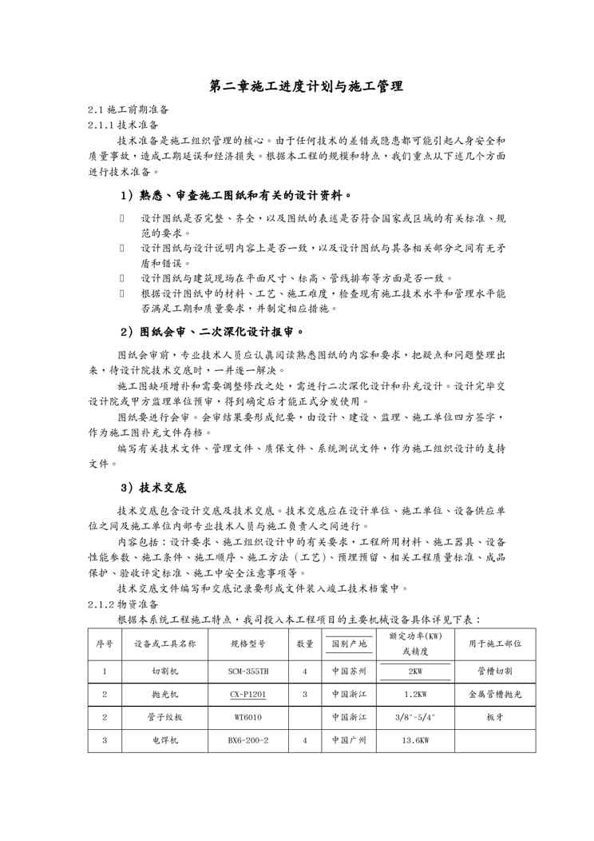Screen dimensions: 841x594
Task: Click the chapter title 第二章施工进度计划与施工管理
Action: pyautogui.click(x=306, y=86)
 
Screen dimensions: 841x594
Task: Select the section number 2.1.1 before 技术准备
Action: pyautogui.click(x=100, y=125)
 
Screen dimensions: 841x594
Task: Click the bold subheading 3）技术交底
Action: pyautogui.click(x=153, y=488)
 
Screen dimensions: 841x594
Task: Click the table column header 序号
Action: pyautogui.click(x=105, y=644)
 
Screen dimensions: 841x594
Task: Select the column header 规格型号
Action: pyautogui.click(x=248, y=644)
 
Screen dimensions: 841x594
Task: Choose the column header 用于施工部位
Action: pyautogui.click(x=495, y=644)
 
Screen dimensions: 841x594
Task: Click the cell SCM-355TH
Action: pyautogui.click(x=248, y=672)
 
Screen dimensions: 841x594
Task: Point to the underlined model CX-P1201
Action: pyautogui.click(x=248, y=695)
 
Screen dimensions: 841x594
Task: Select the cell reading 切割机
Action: pyautogui.click(x=165, y=672)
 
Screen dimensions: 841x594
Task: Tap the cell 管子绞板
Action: pyautogui.click(x=165, y=717)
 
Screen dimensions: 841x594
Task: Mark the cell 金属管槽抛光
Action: pyautogui.click(x=495, y=695)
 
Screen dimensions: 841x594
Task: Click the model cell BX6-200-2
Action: pyautogui.click(x=248, y=740)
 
